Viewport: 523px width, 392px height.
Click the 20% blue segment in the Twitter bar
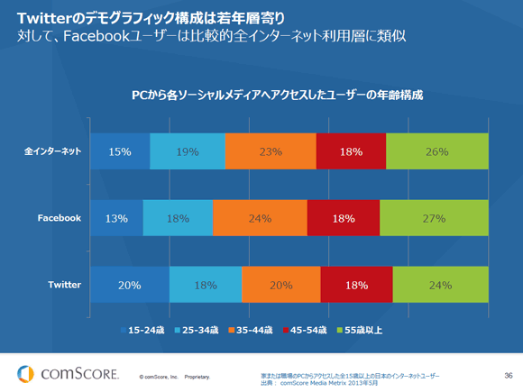tap(128, 285)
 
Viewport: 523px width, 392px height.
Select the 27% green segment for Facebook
tap(434, 218)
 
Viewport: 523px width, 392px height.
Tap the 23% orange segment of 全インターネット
tap(271, 151)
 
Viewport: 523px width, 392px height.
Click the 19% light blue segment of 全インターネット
tap(188, 151)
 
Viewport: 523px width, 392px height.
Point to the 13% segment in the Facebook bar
tap(116, 218)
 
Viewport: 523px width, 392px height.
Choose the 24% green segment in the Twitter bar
tap(441, 285)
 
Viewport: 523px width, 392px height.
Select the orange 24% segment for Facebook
tap(260, 218)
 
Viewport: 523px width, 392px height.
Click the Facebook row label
tap(60, 218)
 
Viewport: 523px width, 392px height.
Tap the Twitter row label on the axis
tap(64, 285)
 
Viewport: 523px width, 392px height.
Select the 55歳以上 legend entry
tap(361, 330)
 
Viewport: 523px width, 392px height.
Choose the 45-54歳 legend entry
tap(307, 330)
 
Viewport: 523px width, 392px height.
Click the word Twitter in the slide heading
tap(42, 15)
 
